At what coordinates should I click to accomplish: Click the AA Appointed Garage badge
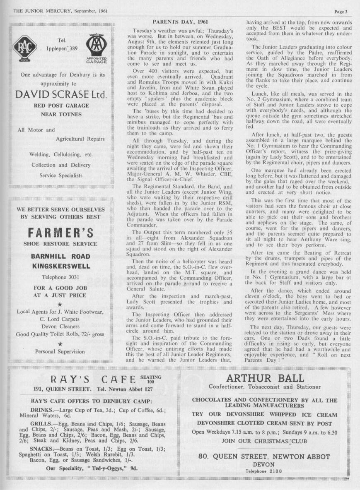96,48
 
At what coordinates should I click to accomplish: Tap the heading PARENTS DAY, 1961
180,22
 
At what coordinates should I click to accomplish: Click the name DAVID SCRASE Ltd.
61,94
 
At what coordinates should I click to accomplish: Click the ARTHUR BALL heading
265,378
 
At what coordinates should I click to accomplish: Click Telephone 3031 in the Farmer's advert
60,277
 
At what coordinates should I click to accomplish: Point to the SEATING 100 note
150,379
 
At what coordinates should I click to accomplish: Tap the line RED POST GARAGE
60,106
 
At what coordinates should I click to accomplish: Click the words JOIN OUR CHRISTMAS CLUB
265,441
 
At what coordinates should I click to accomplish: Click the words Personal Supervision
60,352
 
